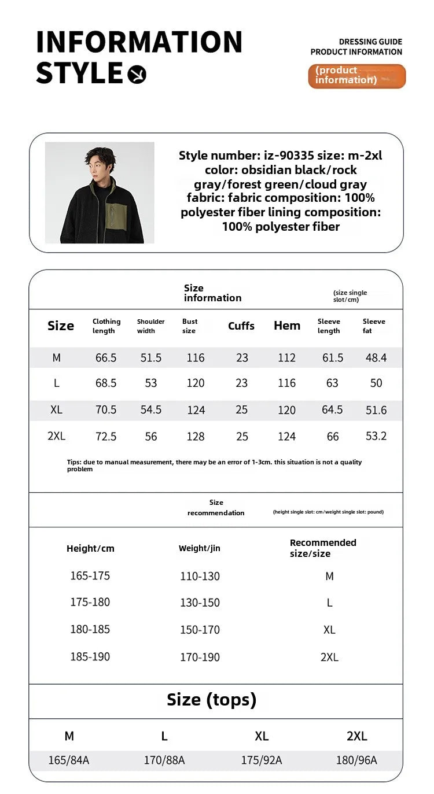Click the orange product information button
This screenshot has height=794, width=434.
[x=356, y=76]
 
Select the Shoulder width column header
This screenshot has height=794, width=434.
[x=150, y=326]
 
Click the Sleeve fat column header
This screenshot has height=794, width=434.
[x=374, y=326]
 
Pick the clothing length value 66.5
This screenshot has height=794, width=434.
[x=106, y=358]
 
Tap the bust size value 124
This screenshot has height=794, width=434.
[x=196, y=410]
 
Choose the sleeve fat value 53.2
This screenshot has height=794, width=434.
[x=376, y=436]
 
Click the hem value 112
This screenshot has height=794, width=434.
[x=286, y=358]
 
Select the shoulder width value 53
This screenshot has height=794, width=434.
[x=151, y=383]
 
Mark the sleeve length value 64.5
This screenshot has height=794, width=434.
[x=332, y=410]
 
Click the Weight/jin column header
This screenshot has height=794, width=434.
[x=199, y=548]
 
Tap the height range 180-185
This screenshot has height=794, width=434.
[x=90, y=629]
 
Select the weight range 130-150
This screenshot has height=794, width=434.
[x=200, y=603]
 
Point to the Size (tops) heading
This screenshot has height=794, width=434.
[x=211, y=700]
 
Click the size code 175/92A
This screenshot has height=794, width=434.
[x=262, y=760]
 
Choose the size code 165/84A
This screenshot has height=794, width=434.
[x=69, y=760]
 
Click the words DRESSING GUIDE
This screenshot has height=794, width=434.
[x=370, y=42]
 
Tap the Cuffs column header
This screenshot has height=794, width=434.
[x=241, y=326]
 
